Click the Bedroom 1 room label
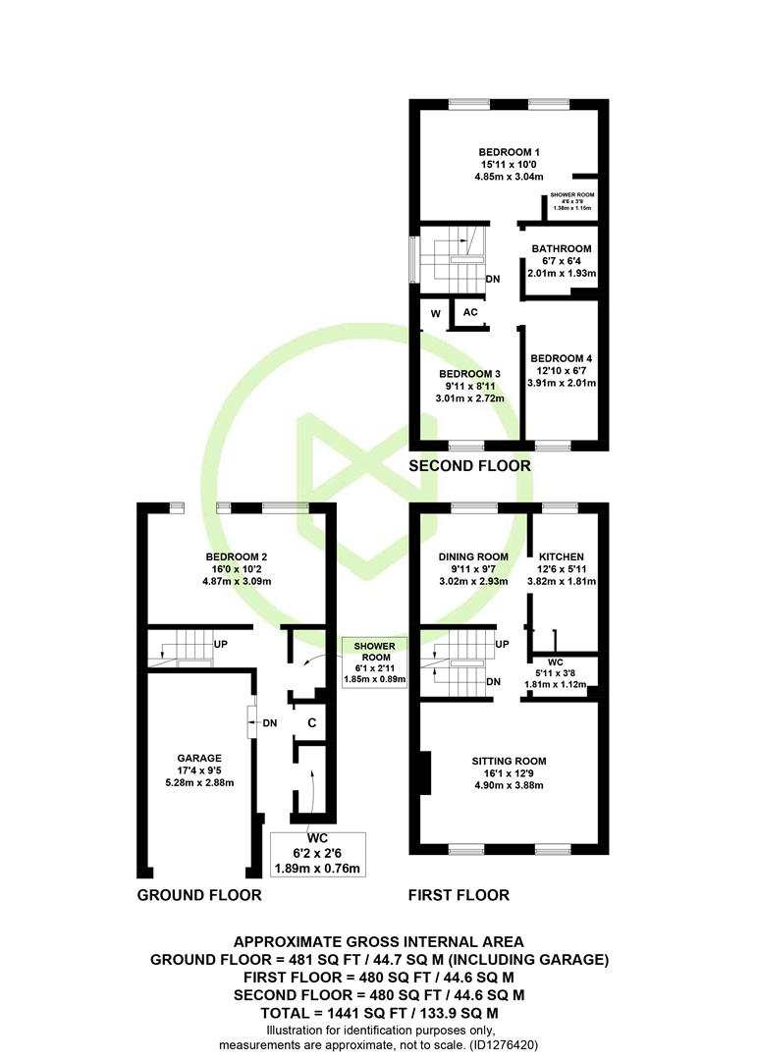point(509,152)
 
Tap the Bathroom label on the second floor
point(562,248)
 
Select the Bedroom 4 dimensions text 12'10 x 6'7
point(562,370)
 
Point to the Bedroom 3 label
point(469,374)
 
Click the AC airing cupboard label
point(470,312)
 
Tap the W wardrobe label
point(436,314)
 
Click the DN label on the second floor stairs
point(493,279)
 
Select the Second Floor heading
point(469,466)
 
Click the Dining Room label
point(473,557)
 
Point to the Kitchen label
point(562,557)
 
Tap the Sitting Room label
point(509,762)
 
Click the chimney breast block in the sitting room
point(425,772)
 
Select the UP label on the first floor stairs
point(502,644)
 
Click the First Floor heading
point(459,895)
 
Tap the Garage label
point(199,759)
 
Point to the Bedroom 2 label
point(237,557)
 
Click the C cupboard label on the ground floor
point(312,722)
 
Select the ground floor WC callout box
point(317,855)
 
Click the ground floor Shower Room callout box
point(375,662)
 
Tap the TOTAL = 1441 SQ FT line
point(380,1013)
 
